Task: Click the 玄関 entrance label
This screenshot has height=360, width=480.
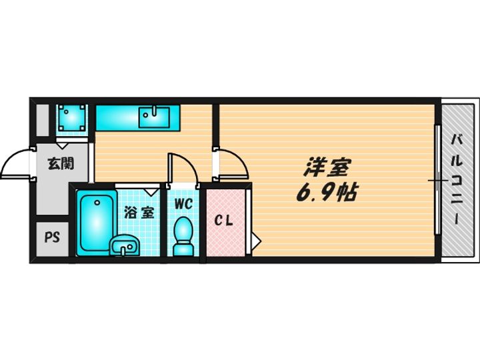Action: pyautogui.click(x=59, y=163)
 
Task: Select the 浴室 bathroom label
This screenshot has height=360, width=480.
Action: pyautogui.click(x=140, y=213)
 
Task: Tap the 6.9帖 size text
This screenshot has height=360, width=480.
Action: pyautogui.click(x=326, y=193)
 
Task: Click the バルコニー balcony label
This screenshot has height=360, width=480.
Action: pyautogui.click(x=457, y=180)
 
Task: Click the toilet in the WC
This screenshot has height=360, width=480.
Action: pyautogui.click(x=182, y=237)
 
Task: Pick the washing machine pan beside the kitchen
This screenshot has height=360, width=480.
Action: pyautogui.click(x=71, y=119)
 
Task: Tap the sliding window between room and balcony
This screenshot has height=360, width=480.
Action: pyautogui.click(x=437, y=179)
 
